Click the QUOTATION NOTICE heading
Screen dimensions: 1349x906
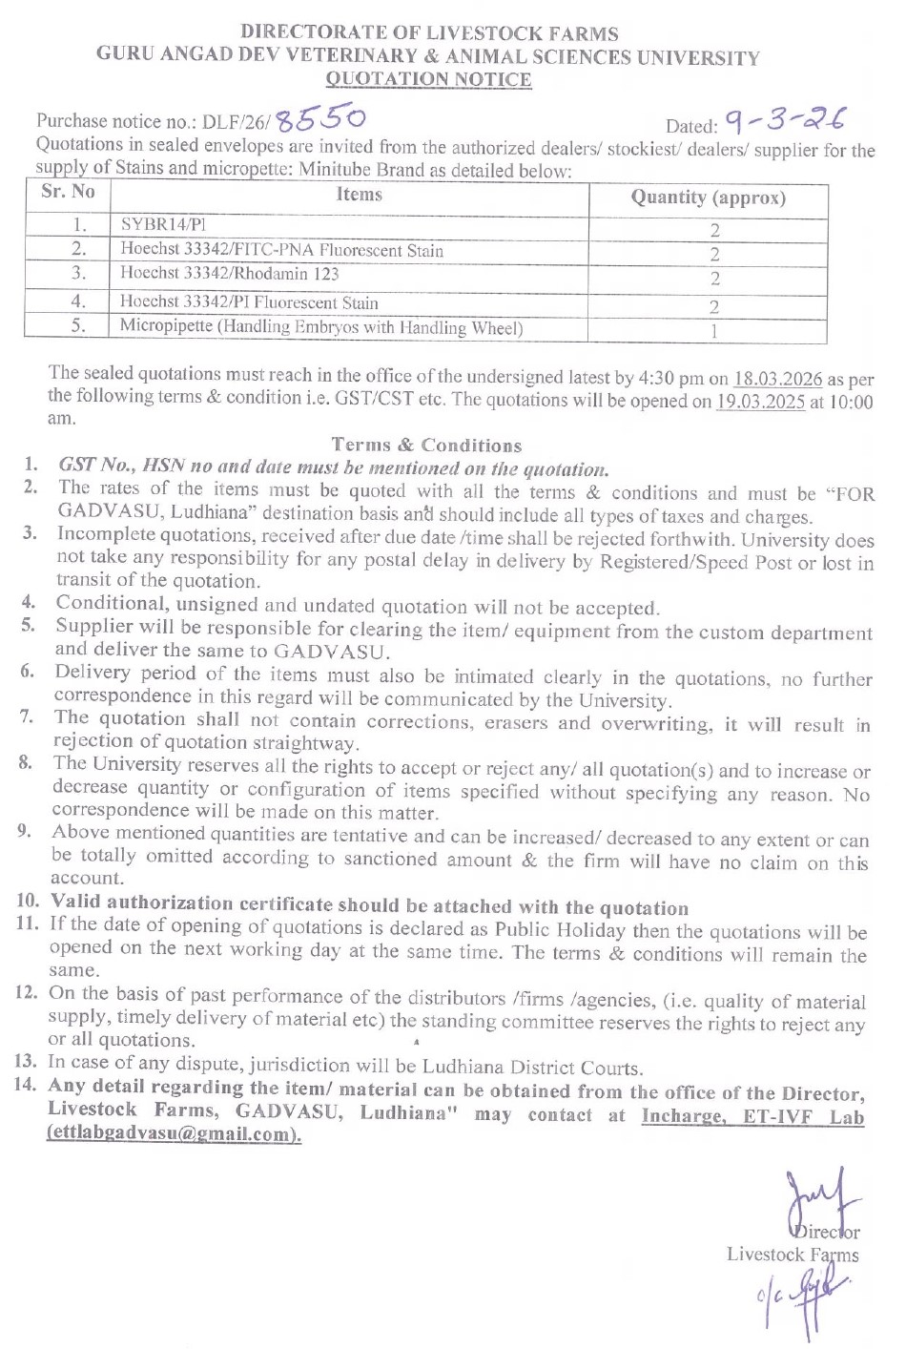pos(428,79)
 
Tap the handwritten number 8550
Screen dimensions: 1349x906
pos(319,118)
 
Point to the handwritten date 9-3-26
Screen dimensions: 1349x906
pos(784,120)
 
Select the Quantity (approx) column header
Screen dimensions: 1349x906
pos(708,197)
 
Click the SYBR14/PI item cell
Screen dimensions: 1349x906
pos(163,225)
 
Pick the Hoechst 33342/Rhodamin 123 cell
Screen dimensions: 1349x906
pos(229,274)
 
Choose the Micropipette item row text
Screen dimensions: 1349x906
pos(321,327)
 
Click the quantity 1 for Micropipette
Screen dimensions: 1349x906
pos(713,331)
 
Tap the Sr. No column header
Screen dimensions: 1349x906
pos(68,191)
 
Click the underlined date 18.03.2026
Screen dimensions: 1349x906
pos(778,379)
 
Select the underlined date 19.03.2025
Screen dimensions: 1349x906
pos(760,402)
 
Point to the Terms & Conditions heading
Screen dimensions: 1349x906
pos(426,445)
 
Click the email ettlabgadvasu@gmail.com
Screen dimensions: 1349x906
pos(174,1134)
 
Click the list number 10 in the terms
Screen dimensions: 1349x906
pos(28,901)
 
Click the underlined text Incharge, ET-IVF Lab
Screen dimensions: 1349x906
pos(752,1116)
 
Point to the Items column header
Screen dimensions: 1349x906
pos(359,195)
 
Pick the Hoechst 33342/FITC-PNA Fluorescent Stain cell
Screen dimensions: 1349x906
pos(281,251)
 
